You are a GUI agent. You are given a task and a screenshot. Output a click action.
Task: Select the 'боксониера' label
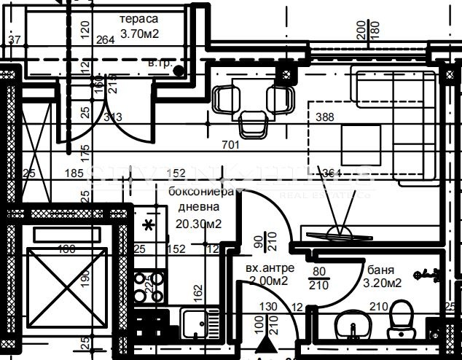coord(201,192)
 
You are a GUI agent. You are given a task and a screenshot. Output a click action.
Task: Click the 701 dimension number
coord(230,145)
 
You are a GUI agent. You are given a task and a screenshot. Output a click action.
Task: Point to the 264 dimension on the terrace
coord(106,39)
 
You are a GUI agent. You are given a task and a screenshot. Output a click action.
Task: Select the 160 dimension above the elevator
coord(67,250)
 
